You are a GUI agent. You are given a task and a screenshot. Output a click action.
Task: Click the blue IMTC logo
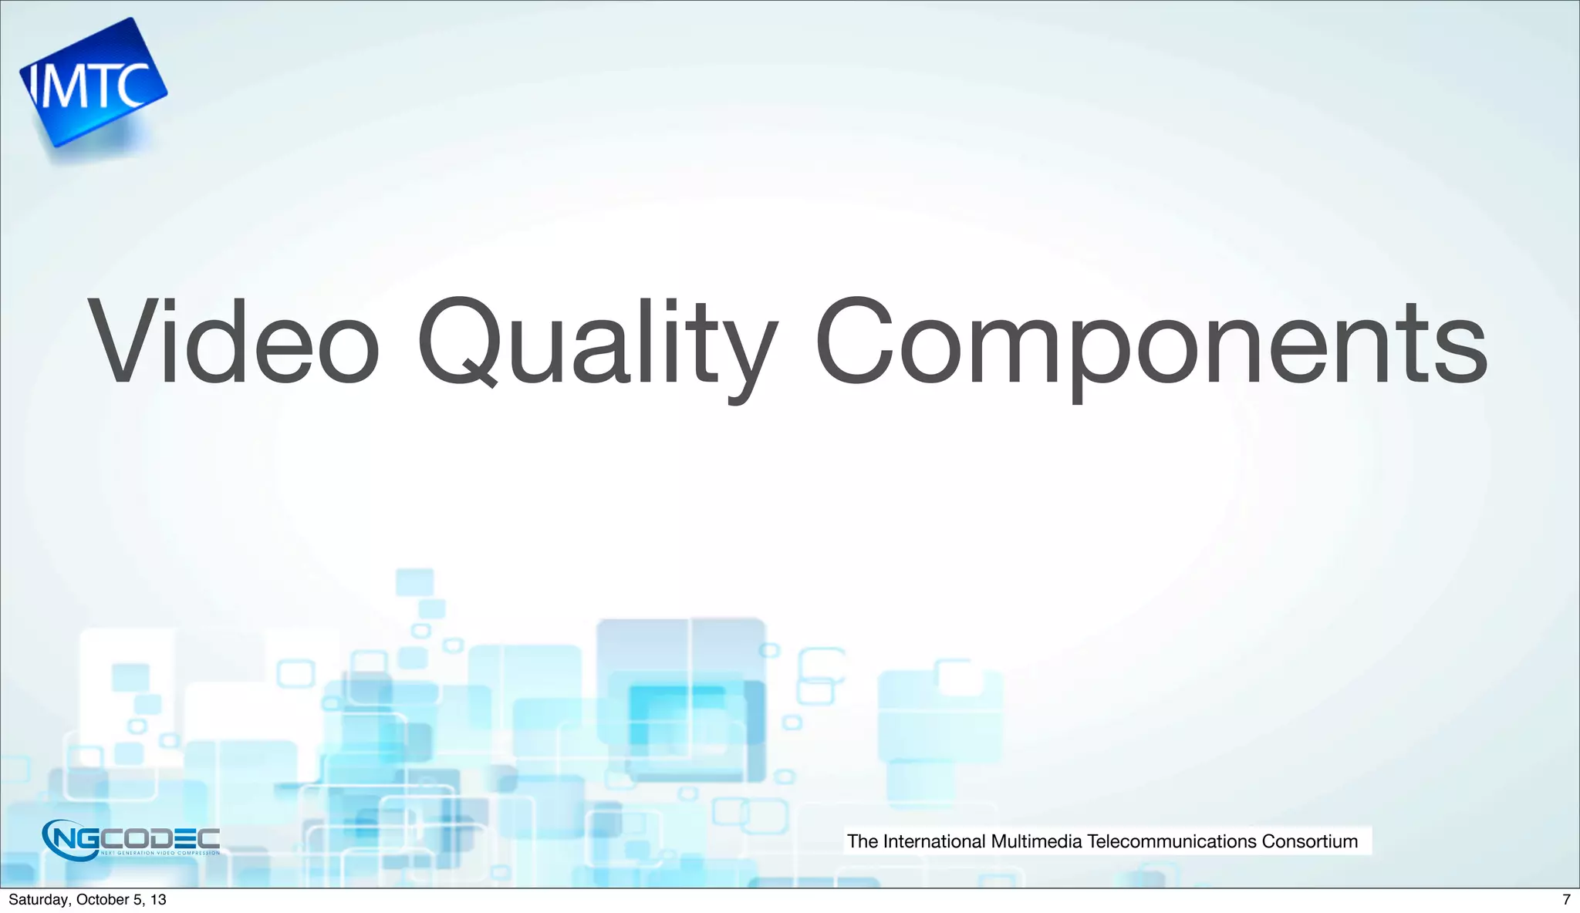click(93, 83)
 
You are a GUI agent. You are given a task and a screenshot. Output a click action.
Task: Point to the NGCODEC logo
click(131, 839)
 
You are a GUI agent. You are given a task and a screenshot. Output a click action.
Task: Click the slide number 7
click(1565, 899)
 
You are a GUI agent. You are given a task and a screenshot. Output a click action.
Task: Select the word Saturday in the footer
click(38, 899)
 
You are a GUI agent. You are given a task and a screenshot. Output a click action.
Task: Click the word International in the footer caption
click(933, 841)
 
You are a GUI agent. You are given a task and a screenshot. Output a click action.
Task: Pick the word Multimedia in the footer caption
click(1036, 841)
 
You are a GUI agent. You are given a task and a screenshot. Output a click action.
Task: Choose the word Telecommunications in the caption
click(1171, 841)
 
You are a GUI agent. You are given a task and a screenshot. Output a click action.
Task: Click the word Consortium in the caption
click(1309, 841)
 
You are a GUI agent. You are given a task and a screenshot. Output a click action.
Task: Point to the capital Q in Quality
click(458, 342)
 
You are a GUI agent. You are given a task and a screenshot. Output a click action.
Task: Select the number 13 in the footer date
click(158, 899)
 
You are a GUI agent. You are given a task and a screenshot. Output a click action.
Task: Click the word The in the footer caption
click(863, 841)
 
